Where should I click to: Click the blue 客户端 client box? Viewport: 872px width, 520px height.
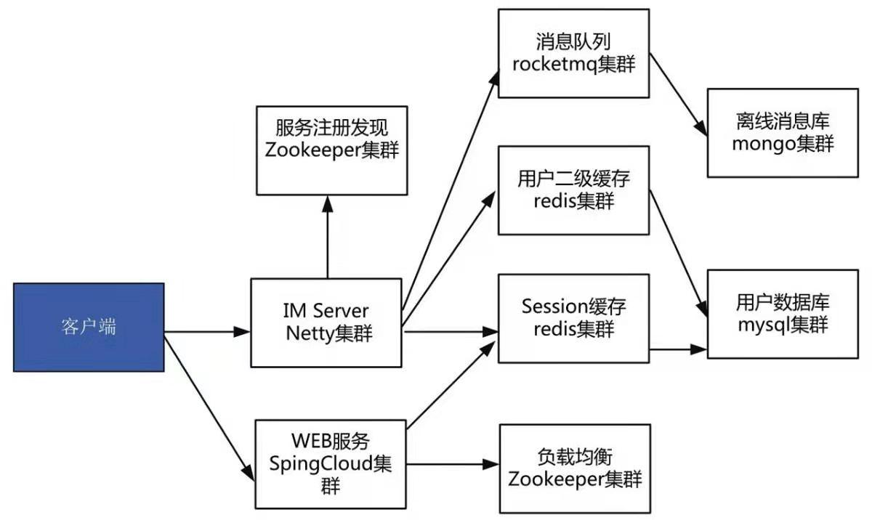point(88,327)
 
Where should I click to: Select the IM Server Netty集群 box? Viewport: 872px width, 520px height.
point(327,322)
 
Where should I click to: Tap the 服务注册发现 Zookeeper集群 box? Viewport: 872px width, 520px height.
point(332,150)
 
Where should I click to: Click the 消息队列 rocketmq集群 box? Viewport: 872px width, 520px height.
point(573,53)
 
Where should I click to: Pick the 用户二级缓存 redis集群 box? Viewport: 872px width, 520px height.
point(573,190)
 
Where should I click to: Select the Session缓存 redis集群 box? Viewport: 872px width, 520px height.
point(573,318)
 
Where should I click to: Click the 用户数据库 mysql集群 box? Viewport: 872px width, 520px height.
point(783,314)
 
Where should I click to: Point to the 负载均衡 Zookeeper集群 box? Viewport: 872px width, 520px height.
point(575,468)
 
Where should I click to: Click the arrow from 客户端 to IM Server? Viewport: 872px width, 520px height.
point(207,333)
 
